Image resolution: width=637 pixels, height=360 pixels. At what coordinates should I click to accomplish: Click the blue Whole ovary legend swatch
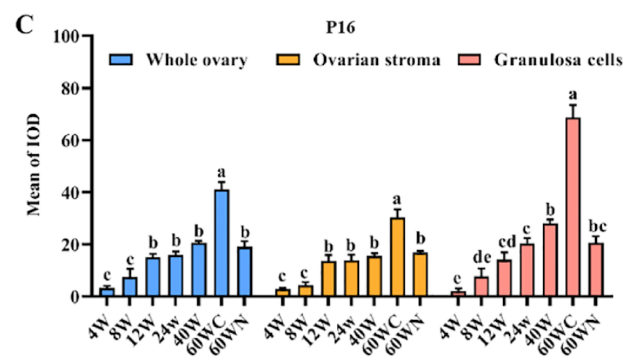coord(122,60)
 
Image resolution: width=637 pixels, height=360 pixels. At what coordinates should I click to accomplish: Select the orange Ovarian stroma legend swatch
coord(289,60)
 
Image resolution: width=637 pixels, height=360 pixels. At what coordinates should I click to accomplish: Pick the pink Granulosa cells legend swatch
coord(471,60)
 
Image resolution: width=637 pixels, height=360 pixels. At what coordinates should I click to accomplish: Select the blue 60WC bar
coord(222,243)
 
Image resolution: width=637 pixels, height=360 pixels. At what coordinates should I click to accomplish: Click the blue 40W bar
coord(199,270)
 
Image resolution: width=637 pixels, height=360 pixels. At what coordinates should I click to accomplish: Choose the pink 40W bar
coord(550,260)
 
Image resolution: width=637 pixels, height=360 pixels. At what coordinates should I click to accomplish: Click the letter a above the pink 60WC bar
coord(573,94)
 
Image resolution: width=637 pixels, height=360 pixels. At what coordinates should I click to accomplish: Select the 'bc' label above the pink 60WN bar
coord(596,227)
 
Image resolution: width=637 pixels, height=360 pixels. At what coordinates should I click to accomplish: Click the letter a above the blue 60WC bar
coord(222,172)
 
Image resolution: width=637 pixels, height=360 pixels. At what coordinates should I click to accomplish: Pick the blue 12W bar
coord(153,277)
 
